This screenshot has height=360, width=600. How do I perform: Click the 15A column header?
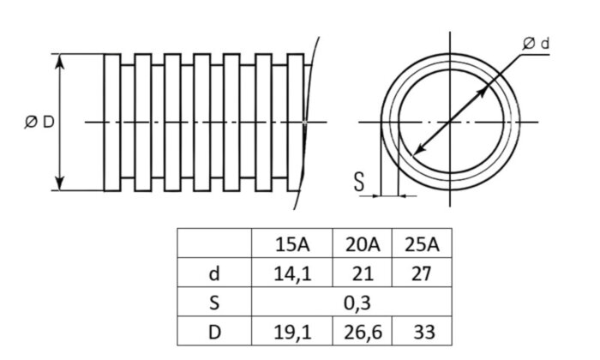(292, 243)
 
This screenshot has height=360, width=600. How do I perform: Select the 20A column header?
(361, 243)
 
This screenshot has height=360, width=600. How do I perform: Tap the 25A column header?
(421, 243)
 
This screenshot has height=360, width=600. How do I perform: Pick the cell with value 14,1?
(292, 273)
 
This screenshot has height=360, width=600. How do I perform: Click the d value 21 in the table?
(361, 273)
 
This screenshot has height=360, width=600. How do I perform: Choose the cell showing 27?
(421, 273)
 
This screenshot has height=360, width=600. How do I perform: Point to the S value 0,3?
(351, 302)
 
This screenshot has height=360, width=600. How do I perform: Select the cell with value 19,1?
(292, 331)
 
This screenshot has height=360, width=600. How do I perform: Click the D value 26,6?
(361, 331)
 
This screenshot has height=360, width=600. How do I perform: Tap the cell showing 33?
(421, 331)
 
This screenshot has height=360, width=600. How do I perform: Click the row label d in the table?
(214, 273)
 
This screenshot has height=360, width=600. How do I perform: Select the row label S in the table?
(214, 302)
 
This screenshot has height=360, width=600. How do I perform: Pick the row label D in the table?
(214, 331)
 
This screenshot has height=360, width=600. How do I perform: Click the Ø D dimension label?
(39, 123)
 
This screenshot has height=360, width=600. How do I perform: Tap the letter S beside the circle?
(359, 181)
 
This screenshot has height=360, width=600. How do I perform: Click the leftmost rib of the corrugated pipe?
(111, 123)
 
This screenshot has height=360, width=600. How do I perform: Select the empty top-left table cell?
(214, 243)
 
